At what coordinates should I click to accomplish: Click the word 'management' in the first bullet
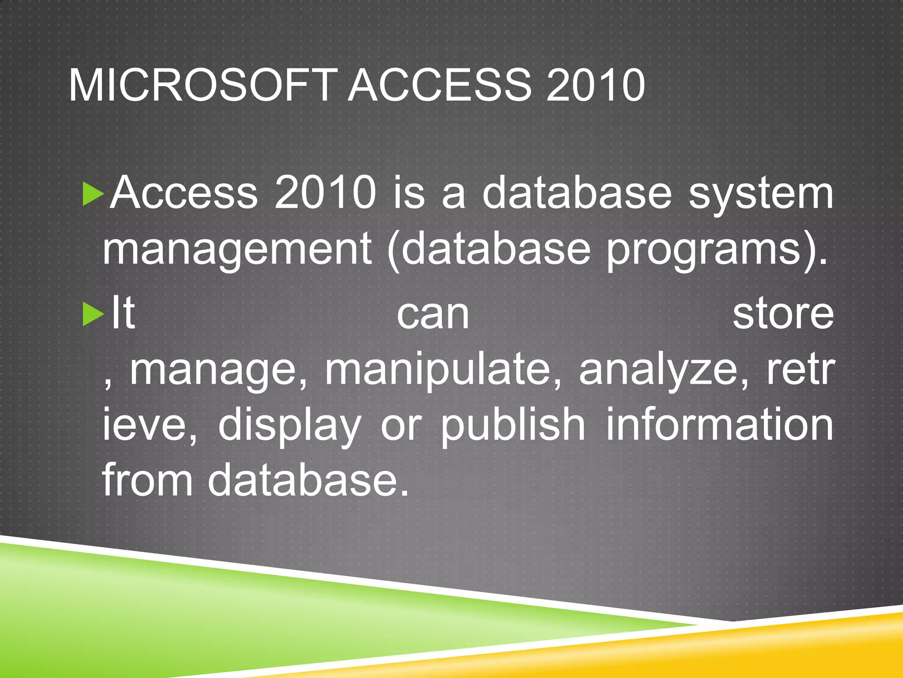pos(237,250)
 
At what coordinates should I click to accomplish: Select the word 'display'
pos(290,426)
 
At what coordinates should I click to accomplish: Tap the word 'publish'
pos(513,426)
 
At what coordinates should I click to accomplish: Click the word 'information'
pos(720,426)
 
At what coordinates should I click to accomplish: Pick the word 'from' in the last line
pos(147,480)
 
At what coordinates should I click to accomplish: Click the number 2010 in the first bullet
pos(325,193)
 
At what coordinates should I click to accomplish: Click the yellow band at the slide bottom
pos(750,649)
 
